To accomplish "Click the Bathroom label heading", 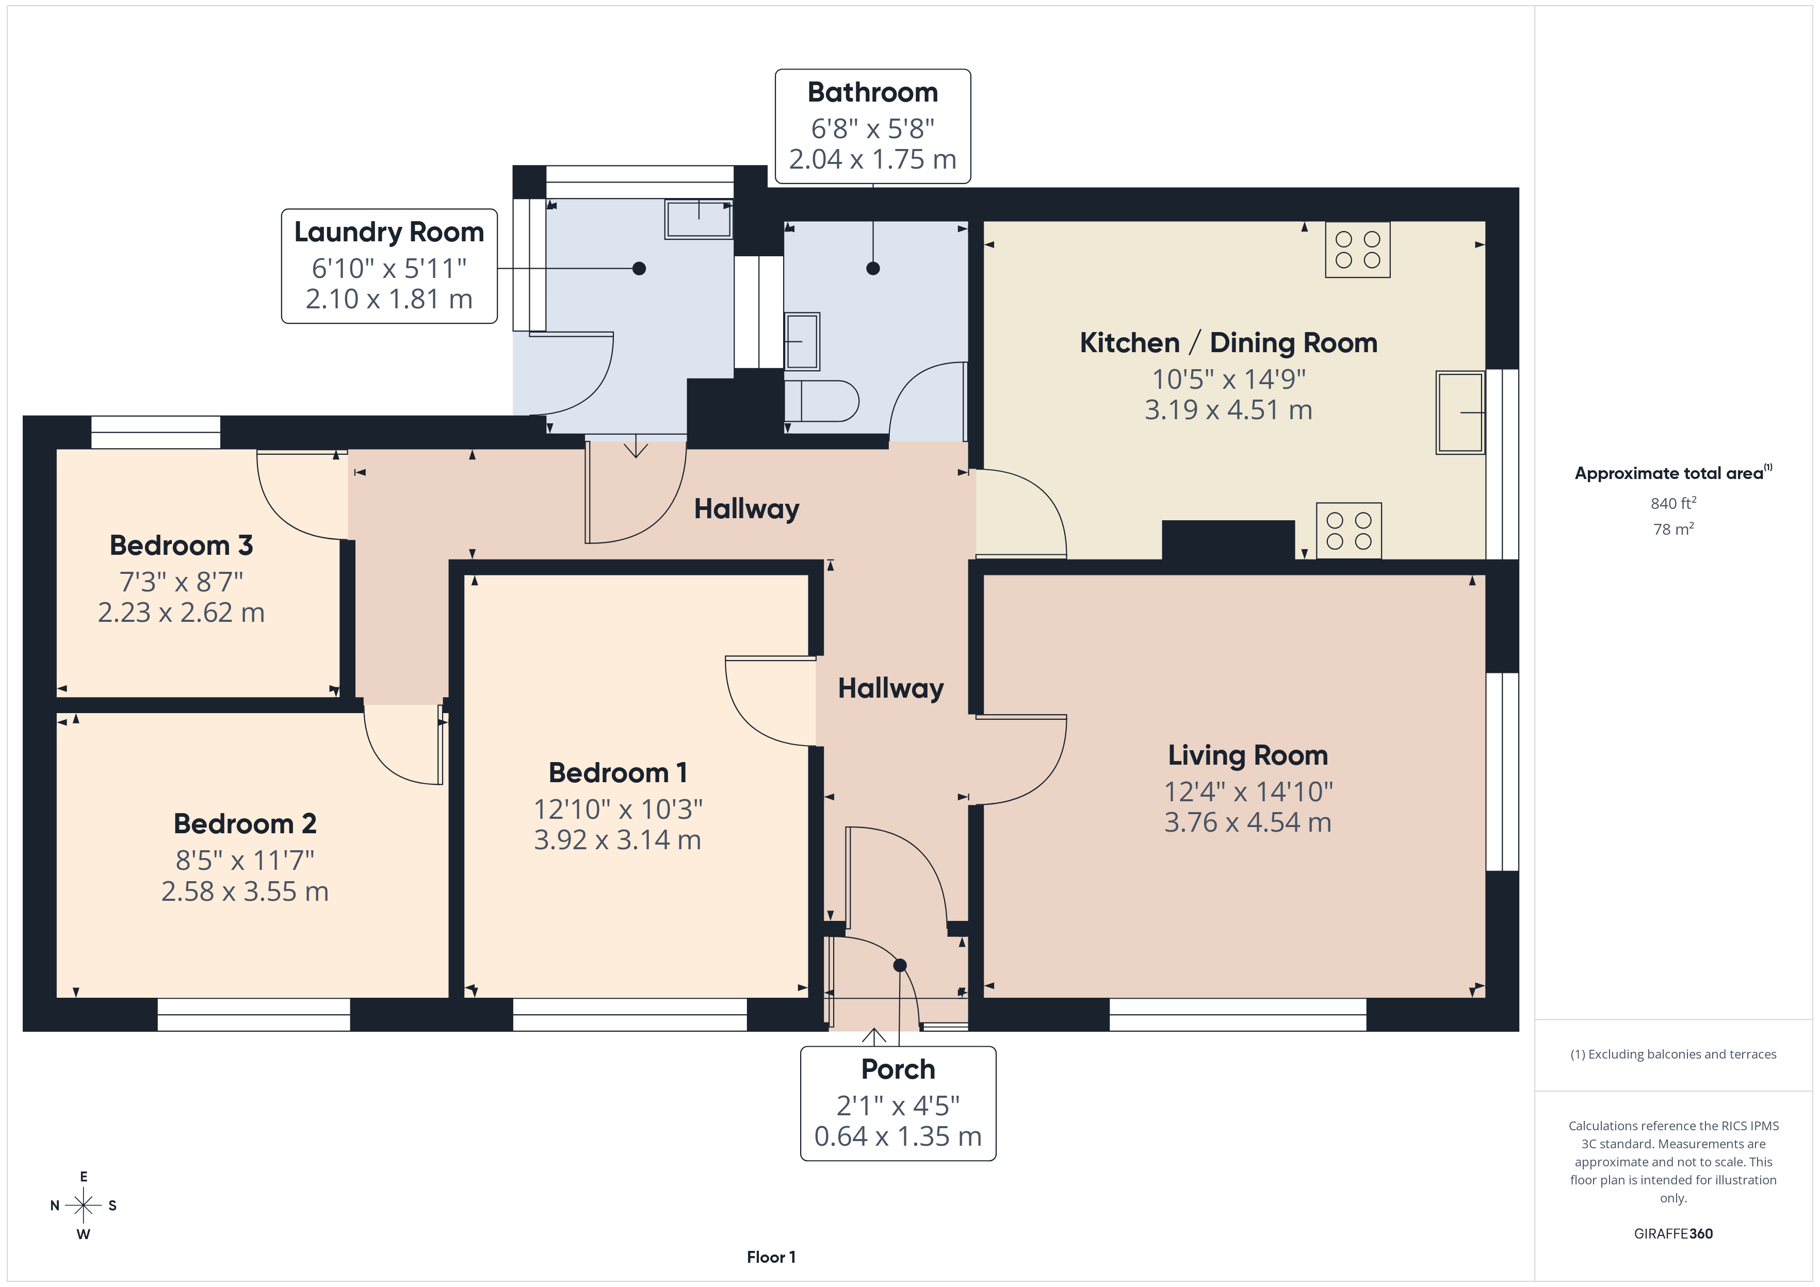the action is pos(873,93).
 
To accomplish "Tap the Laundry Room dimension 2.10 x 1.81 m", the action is pos(389,300).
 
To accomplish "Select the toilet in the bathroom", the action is pos(821,401).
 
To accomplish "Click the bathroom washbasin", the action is pos(802,341).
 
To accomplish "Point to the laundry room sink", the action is pos(698,219).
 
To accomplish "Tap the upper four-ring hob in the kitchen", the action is pos(1358,249).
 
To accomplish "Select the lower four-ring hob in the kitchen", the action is pos(1349,531).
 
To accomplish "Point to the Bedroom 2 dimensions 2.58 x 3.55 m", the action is pos(245,892).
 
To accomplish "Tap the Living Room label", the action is pos(1248,755).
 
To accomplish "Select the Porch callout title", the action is pos(898,1070).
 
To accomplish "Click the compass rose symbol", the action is pos(83,1206).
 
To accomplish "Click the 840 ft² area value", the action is pos(1673,503).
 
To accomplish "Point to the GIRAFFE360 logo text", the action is pos(1673,1234).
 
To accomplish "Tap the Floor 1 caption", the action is pos(771,1257).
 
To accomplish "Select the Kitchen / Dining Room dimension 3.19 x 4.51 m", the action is pos(1229,410).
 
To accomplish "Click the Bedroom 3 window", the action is pos(155,432).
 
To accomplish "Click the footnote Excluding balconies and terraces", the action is pos(1673,1054).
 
